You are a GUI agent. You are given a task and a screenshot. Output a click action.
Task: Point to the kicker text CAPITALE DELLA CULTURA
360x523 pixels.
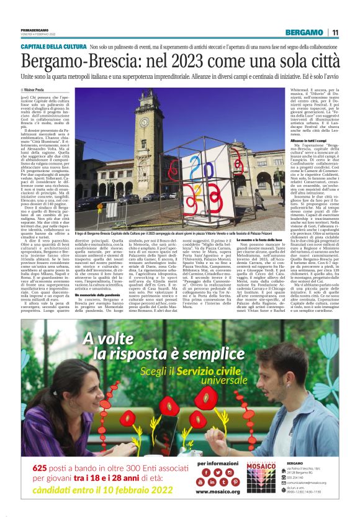tap(54, 47)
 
